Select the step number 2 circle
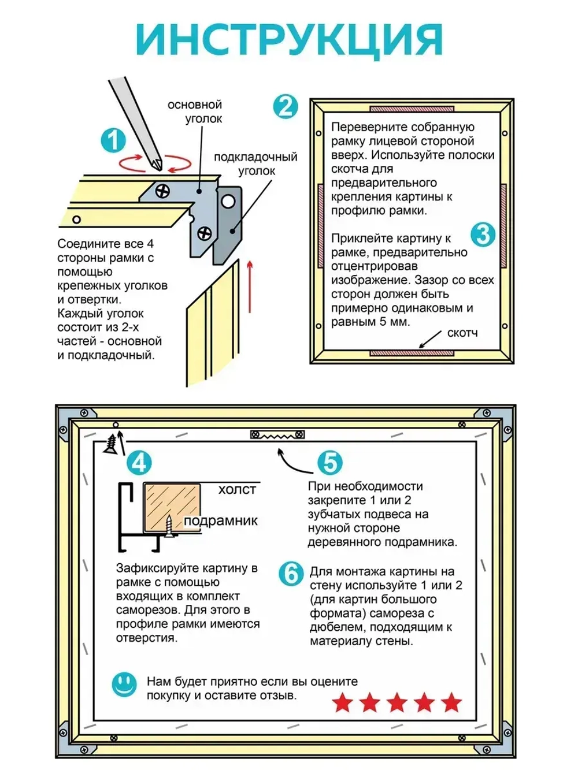pos(286,107)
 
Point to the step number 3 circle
pos(483,234)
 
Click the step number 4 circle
pos(139,463)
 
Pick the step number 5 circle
pos(330,463)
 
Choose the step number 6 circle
pos(291,574)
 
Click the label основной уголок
pos(195,111)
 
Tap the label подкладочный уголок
pos(255,163)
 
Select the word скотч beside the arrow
pos(462,333)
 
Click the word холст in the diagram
pos(237,490)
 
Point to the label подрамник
pos(221,521)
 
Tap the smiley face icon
pos(124,685)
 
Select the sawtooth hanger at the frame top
pos(277,434)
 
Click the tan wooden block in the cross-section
pos(172,507)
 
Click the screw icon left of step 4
pos(110,444)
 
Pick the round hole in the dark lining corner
pos(228,201)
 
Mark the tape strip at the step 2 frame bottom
pos(411,352)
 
